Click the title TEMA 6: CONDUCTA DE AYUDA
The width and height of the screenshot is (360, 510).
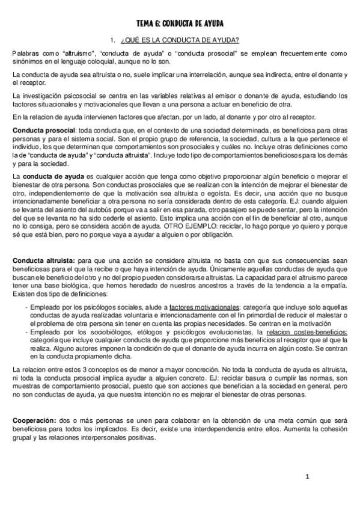point(180,23)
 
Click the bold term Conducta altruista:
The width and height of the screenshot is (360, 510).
point(43,259)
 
